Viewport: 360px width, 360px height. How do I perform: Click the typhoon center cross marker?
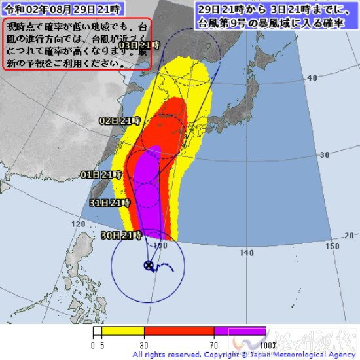tap(149, 265)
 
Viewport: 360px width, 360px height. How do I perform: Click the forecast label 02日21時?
tap(120, 121)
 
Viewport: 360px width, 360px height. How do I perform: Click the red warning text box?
tap(77, 43)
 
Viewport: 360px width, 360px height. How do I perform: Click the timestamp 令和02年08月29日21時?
tap(60, 10)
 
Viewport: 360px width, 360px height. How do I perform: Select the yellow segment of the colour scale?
tap(122, 331)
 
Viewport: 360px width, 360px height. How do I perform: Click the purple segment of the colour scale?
tap(239, 331)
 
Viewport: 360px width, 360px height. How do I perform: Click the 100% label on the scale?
tap(268, 344)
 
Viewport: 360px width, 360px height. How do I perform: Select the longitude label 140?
tap(247, 252)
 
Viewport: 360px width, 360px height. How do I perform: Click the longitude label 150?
tap(333, 245)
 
